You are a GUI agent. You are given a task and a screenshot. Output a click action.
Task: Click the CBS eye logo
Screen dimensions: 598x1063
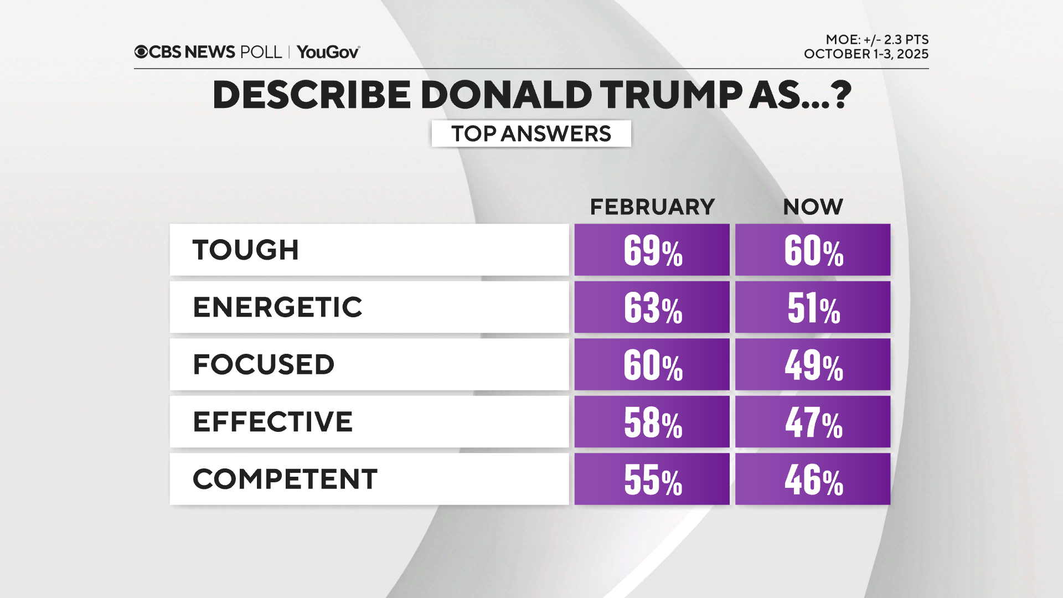click(x=141, y=52)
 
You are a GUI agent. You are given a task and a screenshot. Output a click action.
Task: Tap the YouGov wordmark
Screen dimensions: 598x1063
click(x=328, y=52)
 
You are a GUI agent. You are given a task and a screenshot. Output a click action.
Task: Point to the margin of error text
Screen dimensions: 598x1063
click(x=876, y=39)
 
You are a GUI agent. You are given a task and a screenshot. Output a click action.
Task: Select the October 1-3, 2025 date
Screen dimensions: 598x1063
click(x=866, y=54)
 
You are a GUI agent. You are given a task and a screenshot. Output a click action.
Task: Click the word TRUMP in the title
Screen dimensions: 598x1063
click(x=671, y=95)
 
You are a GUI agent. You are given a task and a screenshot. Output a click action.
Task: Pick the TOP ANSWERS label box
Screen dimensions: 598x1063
click(x=531, y=133)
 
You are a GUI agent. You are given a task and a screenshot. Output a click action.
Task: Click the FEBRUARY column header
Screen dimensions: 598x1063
click(x=652, y=207)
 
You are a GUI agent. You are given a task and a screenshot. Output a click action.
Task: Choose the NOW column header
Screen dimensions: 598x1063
click(x=813, y=207)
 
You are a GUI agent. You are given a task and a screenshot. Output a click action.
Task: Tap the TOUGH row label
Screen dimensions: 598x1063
click(x=246, y=250)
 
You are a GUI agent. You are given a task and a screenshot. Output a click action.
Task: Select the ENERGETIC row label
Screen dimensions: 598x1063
click(x=277, y=307)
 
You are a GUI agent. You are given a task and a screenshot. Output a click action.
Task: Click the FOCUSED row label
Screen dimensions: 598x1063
click(x=264, y=364)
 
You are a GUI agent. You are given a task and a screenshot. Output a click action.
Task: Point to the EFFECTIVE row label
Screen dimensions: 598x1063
click(x=272, y=422)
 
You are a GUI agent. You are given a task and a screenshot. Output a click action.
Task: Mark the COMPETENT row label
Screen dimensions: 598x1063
click(x=285, y=479)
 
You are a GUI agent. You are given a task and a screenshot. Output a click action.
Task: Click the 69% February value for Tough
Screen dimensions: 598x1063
click(x=652, y=250)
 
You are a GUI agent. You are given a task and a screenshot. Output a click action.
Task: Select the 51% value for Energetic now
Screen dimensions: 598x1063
click(x=813, y=307)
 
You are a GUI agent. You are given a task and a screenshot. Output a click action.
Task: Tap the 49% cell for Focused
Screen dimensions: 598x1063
click(x=813, y=365)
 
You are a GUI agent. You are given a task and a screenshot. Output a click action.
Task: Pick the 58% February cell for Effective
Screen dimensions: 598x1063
click(x=652, y=422)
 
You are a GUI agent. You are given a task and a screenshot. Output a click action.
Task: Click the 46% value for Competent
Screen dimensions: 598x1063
click(x=813, y=480)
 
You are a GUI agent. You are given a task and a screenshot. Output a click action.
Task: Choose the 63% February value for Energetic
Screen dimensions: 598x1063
click(x=652, y=307)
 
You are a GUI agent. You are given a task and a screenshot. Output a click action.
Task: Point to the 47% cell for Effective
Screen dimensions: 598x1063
click(x=813, y=422)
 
